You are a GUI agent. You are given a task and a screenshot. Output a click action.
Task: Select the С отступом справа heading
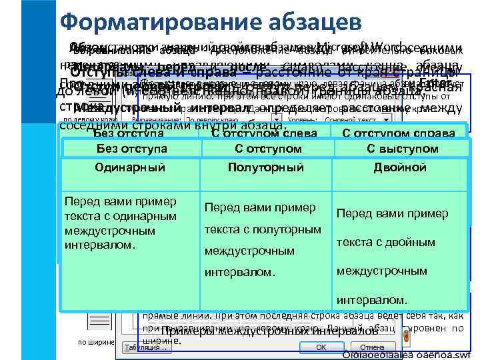point(398,133)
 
